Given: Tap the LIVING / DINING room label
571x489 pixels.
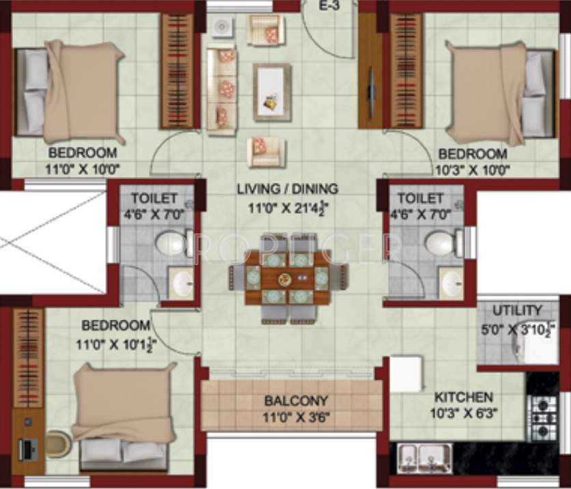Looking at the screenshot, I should [x=288, y=188].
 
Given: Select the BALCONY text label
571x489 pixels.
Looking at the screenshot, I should [x=296, y=401].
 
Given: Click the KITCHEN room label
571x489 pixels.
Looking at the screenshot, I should [x=464, y=397].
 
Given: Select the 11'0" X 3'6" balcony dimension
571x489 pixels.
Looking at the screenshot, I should [x=296, y=416].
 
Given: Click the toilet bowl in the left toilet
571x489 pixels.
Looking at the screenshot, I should [x=170, y=243].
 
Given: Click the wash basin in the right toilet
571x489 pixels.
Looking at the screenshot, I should [x=451, y=285].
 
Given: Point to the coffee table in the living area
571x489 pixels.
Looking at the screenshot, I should [x=272, y=92].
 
